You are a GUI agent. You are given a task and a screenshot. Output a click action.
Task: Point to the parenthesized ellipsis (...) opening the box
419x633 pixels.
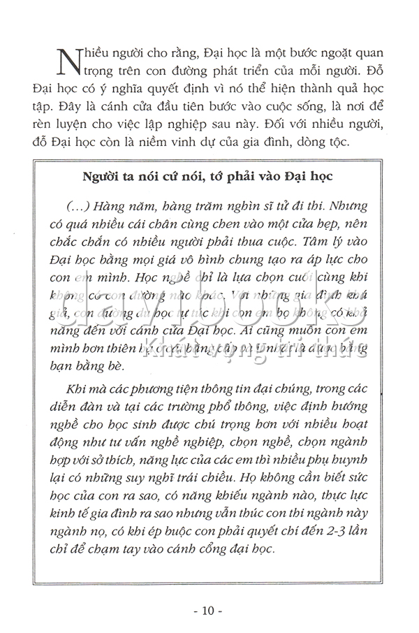[x=75, y=208]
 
